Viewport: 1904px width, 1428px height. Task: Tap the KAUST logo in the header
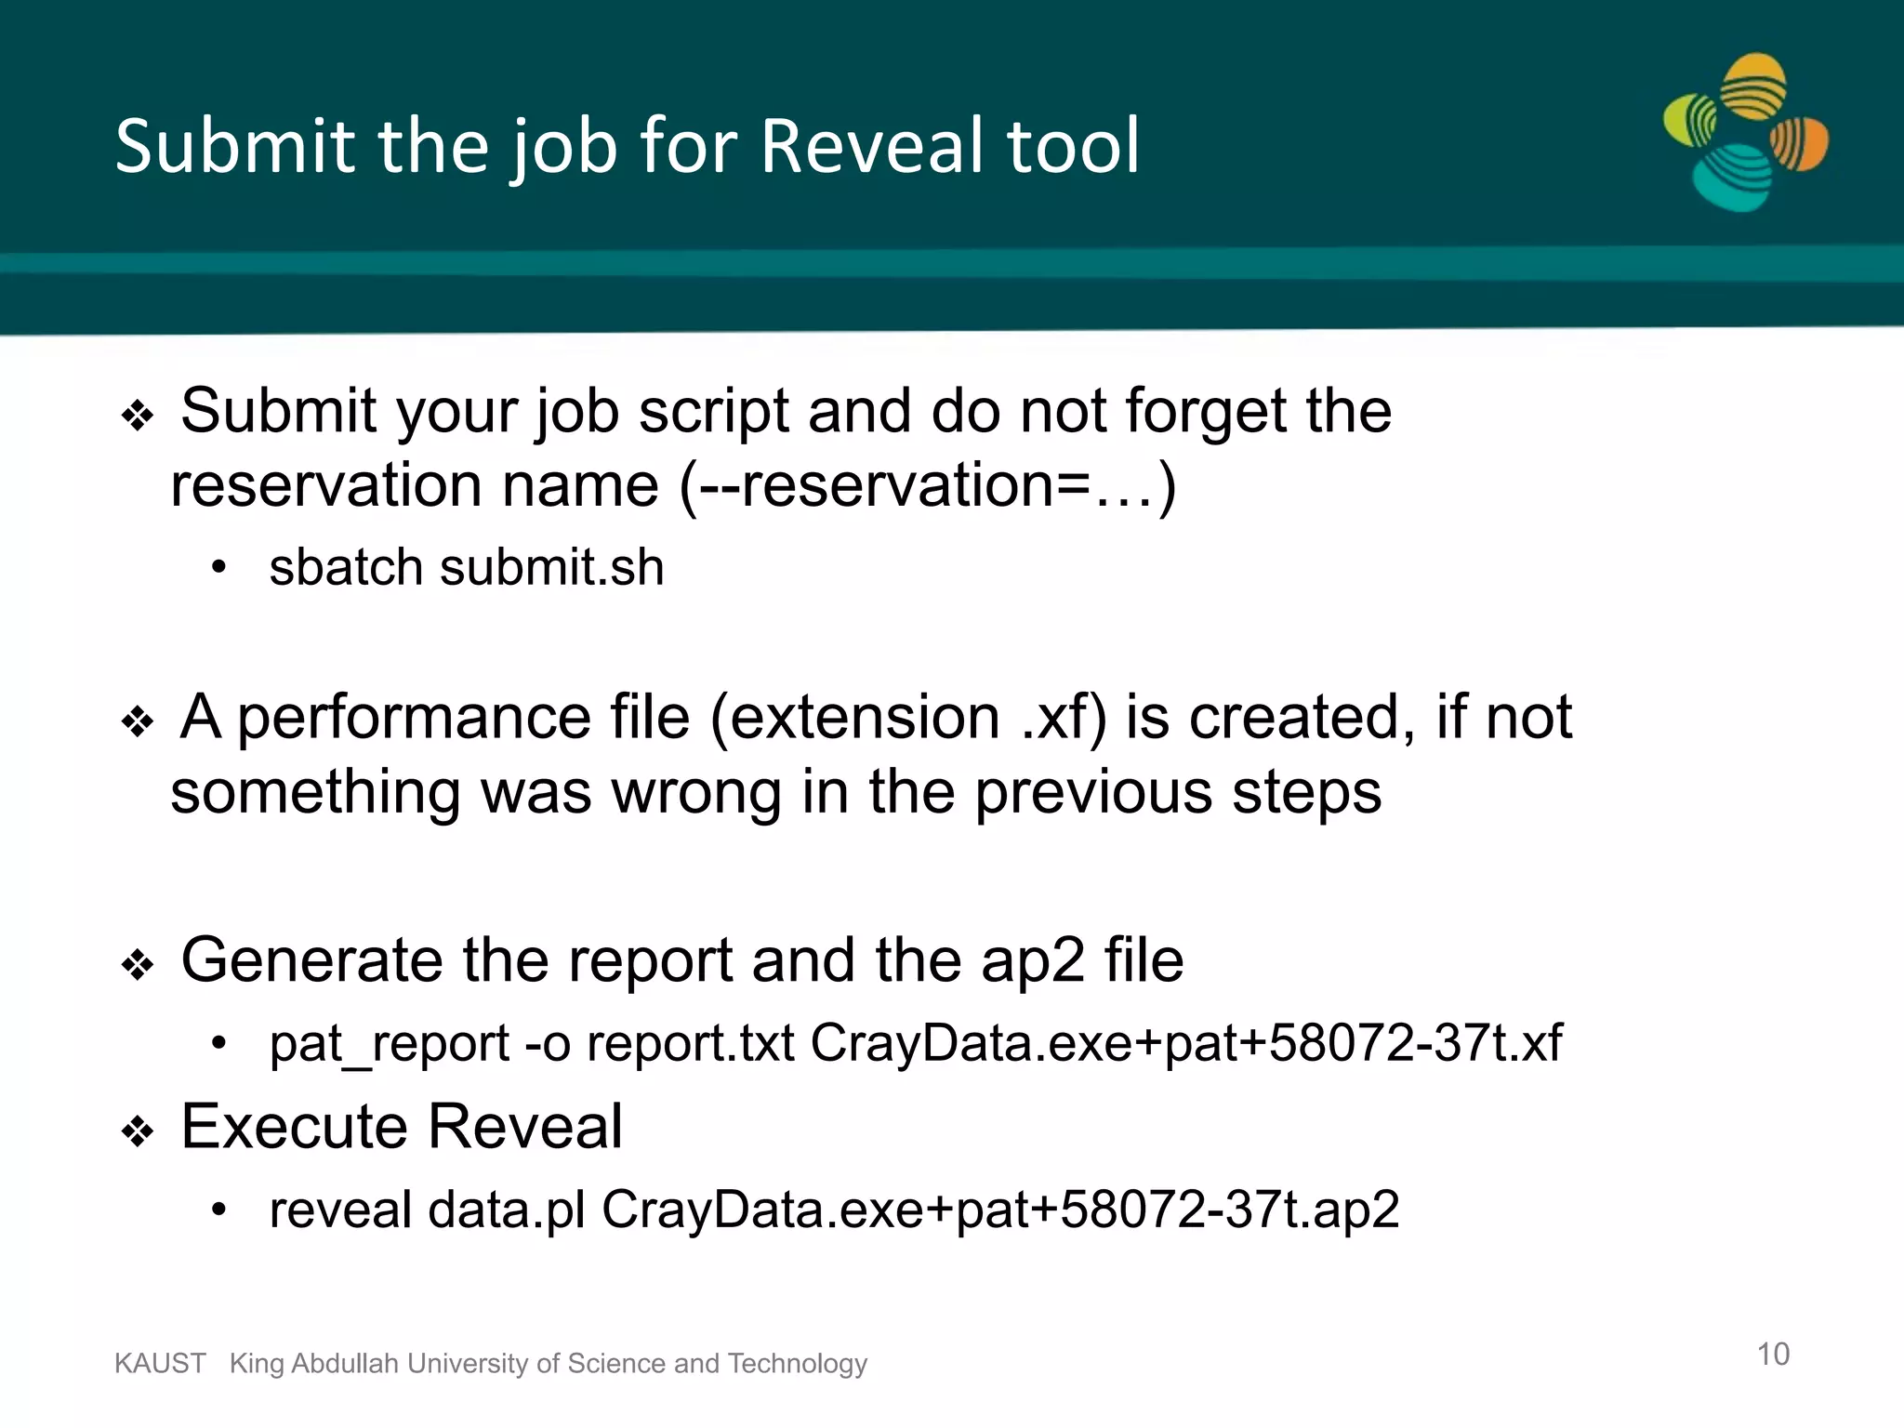pyautogui.click(x=1745, y=132)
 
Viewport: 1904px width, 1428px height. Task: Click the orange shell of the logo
pyautogui.click(x=1800, y=144)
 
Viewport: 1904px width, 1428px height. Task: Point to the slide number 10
pyautogui.click(x=1773, y=1354)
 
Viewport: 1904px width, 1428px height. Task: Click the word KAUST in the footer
pyautogui.click(x=160, y=1363)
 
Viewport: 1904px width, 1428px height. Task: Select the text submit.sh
pyautogui.click(x=552, y=567)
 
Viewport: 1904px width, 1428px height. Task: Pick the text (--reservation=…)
pyautogui.click(x=928, y=485)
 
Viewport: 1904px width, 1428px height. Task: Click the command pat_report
pyautogui.click(x=389, y=1043)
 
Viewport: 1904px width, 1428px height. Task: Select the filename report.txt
pyautogui.click(x=690, y=1043)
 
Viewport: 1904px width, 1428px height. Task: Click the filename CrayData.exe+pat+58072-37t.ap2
pyautogui.click(x=1000, y=1210)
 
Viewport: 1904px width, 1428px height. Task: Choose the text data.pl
pyautogui.click(x=507, y=1210)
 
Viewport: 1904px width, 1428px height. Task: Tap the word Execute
pyautogui.click(x=295, y=1126)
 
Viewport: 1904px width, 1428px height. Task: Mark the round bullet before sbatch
pyautogui.click(x=218, y=567)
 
